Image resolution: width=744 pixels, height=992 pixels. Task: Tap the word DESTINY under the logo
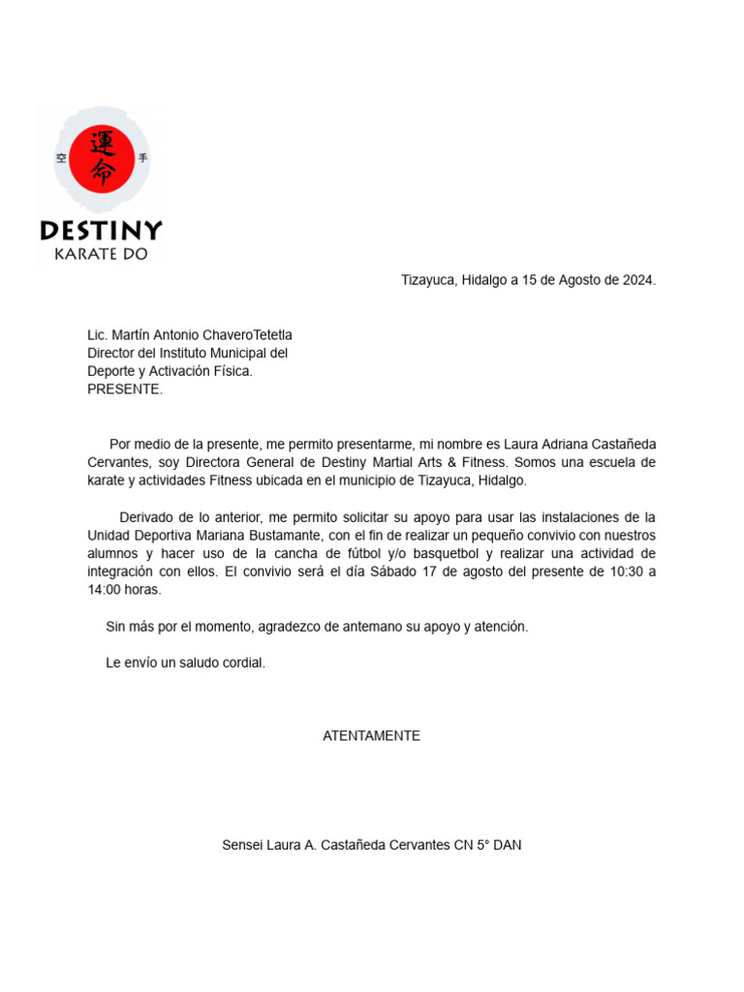[101, 231]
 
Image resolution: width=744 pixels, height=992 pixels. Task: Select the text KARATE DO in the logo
[101, 254]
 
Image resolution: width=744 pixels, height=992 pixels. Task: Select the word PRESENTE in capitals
[125, 389]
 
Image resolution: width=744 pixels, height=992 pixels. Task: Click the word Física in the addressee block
[232, 371]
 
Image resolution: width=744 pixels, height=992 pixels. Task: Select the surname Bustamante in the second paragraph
[285, 535]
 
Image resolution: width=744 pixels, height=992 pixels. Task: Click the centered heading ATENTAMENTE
[371, 735]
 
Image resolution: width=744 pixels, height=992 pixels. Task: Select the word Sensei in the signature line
[242, 845]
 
